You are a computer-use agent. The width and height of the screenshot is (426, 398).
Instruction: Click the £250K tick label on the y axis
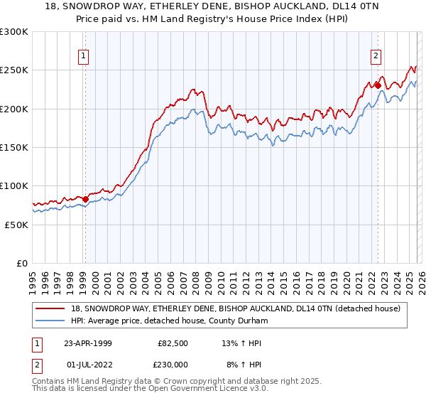[13, 70]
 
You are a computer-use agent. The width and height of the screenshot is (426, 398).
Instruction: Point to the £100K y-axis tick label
[13, 185]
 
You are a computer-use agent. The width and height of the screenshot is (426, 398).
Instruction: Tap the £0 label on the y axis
[22, 263]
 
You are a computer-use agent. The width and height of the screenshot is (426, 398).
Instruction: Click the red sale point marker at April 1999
[85, 200]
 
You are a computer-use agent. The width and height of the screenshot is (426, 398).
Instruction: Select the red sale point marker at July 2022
[378, 86]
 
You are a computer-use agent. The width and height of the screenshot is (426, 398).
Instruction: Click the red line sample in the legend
[50, 308]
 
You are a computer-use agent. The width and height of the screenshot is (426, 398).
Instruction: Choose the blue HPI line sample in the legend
[50, 321]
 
